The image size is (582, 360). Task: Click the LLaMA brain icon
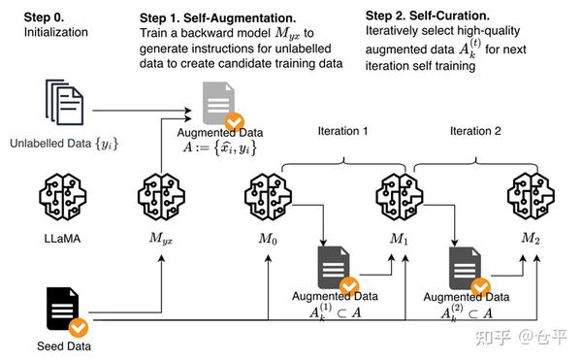tap(63, 197)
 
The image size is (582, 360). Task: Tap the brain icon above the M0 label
tap(268, 197)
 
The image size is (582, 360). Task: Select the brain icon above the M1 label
tap(400, 197)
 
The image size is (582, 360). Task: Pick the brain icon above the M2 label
tap(531, 197)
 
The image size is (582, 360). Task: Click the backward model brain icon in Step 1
tap(161, 197)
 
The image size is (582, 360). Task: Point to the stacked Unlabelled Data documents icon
tap(64, 102)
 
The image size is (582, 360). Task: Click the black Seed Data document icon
tap(63, 309)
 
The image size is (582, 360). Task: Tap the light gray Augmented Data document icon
tap(218, 103)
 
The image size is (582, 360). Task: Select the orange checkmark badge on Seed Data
tap(79, 328)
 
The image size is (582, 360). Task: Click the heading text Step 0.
tap(44, 17)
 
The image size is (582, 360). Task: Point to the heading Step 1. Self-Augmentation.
tap(218, 17)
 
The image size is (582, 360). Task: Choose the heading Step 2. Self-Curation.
tap(427, 16)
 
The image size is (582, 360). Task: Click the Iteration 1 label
tap(342, 131)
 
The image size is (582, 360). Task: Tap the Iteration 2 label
tap(475, 131)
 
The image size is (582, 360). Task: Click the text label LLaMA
tap(62, 239)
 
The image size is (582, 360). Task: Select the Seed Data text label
tap(64, 346)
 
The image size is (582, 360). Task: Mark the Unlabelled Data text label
tap(64, 144)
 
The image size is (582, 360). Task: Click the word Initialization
tap(56, 32)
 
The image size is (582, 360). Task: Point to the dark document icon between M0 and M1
tap(334, 268)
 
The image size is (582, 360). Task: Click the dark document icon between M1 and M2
tap(465, 268)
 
